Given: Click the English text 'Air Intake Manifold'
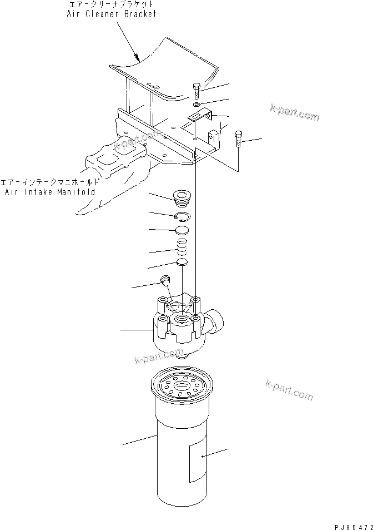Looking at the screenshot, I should tap(50, 192).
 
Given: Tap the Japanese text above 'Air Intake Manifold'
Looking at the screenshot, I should tap(50, 182).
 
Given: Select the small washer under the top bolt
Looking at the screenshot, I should tap(198, 104).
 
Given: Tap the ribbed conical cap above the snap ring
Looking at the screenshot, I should tap(181, 199).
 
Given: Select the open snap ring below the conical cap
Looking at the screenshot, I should tap(182, 217).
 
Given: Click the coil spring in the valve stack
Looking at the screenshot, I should tap(181, 245).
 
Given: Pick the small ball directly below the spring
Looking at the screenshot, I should tap(181, 262).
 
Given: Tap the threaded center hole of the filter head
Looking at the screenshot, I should tap(181, 319).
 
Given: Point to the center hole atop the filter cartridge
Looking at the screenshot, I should tap(181, 384).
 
